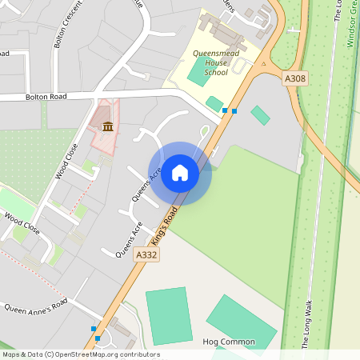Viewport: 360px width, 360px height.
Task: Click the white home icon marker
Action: [180, 172]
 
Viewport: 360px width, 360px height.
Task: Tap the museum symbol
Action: [106, 126]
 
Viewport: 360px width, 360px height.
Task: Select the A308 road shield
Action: [296, 78]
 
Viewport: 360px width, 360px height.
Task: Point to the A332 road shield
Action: [146, 254]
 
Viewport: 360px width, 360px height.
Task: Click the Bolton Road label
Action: [45, 96]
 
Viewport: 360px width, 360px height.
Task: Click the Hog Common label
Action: [229, 342]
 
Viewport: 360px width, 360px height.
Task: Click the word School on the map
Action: [216, 72]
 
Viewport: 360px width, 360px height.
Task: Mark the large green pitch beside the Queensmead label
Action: [198, 71]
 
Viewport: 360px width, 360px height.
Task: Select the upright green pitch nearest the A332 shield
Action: [169, 316]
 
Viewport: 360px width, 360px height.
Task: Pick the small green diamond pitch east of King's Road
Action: [260, 115]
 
